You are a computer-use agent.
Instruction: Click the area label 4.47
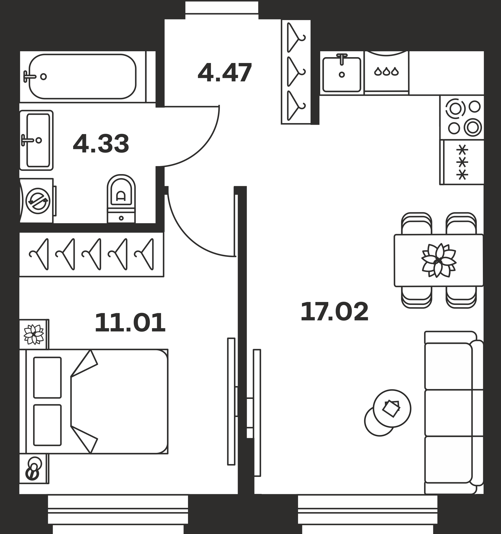pyautogui.click(x=225, y=72)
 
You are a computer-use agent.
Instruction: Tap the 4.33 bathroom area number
pyautogui.click(x=101, y=144)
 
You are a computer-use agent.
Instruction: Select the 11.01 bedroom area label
pyautogui.click(x=130, y=323)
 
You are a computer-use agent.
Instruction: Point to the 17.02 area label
pyautogui.click(x=334, y=311)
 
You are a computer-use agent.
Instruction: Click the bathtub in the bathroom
pyautogui.click(x=83, y=77)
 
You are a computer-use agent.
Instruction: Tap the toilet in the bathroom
pyautogui.click(x=121, y=199)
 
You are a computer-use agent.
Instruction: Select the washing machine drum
pyautogui.click(x=38, y=201)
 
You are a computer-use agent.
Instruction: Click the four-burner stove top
pyautogui.click(x=462, y=117)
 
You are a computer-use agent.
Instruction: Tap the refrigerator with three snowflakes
pyautogui.click(x=462, y=162)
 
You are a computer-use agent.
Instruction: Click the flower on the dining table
pyautogui.click(x=439, y=260)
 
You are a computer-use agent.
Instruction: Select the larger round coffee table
pyautogui.click(x=392, y=409)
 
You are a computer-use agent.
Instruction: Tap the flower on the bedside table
pyautogui.click(x=34, y=334)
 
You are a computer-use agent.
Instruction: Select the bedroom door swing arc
pyautogui.click(x=188, y=236)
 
